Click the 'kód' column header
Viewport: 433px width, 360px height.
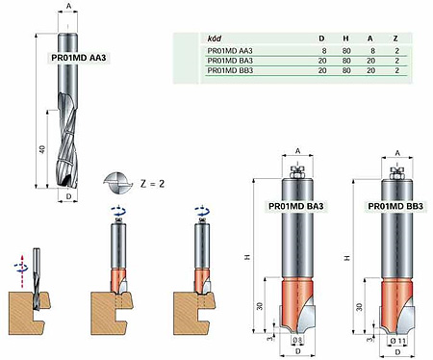tap(215, 39)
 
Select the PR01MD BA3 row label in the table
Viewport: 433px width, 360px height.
tap(230, 61)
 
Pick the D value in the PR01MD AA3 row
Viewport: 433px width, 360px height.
tap(324, 51)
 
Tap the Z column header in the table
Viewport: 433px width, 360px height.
tap(395, 39)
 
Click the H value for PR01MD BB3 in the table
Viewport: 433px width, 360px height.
tap(346, 70)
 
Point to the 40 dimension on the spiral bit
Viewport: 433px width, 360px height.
tap(42, 149)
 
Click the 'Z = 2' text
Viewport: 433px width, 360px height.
tap(153, 184)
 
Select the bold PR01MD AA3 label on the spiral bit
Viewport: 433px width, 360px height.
tap(79, 58)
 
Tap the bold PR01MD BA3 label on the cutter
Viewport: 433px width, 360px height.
tap(296, 206)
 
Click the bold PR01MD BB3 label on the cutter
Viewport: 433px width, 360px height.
tap(395, 206)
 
